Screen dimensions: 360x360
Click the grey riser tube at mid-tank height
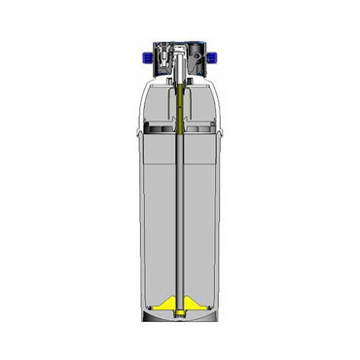click(181, 214)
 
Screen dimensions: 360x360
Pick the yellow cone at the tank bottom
click(181, 299)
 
